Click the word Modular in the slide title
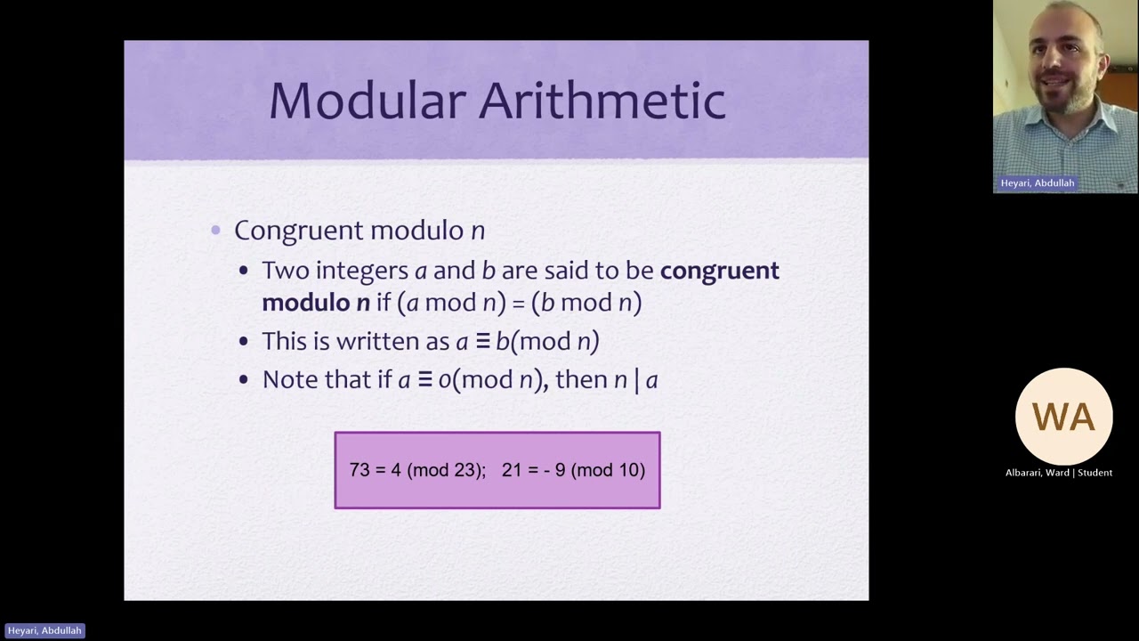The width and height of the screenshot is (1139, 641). tap(368, 100)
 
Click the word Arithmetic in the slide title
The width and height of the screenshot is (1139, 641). tap(602, 100)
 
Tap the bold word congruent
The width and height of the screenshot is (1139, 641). tap(719, 271)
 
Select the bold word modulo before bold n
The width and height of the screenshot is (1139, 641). tap(306, 303)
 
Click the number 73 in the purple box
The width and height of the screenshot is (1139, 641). tap(359, 470)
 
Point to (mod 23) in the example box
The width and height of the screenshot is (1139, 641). tap(446, 470)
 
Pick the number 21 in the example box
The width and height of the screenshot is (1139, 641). tap(512, 470)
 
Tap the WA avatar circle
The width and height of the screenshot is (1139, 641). tap(1063, 417)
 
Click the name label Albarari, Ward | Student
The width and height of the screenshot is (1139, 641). tap(1059, 473)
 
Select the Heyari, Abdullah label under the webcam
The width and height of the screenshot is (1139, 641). tap(1037, 183)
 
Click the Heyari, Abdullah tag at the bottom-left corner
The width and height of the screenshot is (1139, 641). tap(44, 630)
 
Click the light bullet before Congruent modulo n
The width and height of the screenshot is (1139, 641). tap(216, 231)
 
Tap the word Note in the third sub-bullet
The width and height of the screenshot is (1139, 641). tap(290, 380)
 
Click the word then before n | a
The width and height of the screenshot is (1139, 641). tap(582, 380)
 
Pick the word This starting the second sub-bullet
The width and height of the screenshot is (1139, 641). tap(284, 342)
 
